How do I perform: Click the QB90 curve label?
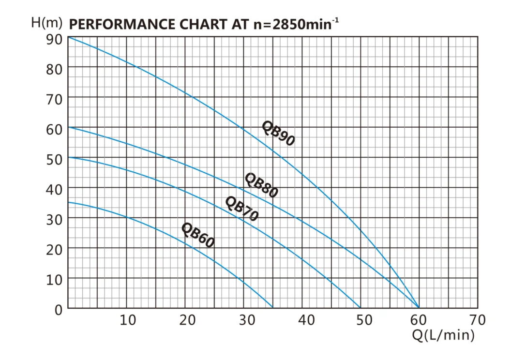pyautogui.click(x=278, y=133)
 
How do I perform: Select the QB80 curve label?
pyautogui.click(x=261, y=185)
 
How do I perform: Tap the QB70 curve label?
pyautogui.click(x=242, y=209)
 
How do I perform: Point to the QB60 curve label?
pyautogui.click(x=197, y=235)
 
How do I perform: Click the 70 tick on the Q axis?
pyautogui.click(x=477, y=320)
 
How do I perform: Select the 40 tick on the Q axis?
pyautogui.click(x=306, y=320)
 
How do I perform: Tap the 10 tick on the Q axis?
pyautogui.click(x=128, y=320)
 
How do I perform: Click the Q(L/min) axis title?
pyautogui.click(x=443, y=334)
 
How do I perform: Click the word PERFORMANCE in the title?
pyautogui.click(x=121, y=24)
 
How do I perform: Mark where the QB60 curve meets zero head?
pyautogui.click(x=273, y=308)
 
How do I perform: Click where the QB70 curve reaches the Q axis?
pyautogui.click(x=361, y=308)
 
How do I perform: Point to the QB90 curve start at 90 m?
pyautogui.click(x=68, y=37)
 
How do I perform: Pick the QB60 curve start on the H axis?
pyautogui.click(x=68, y=202)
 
